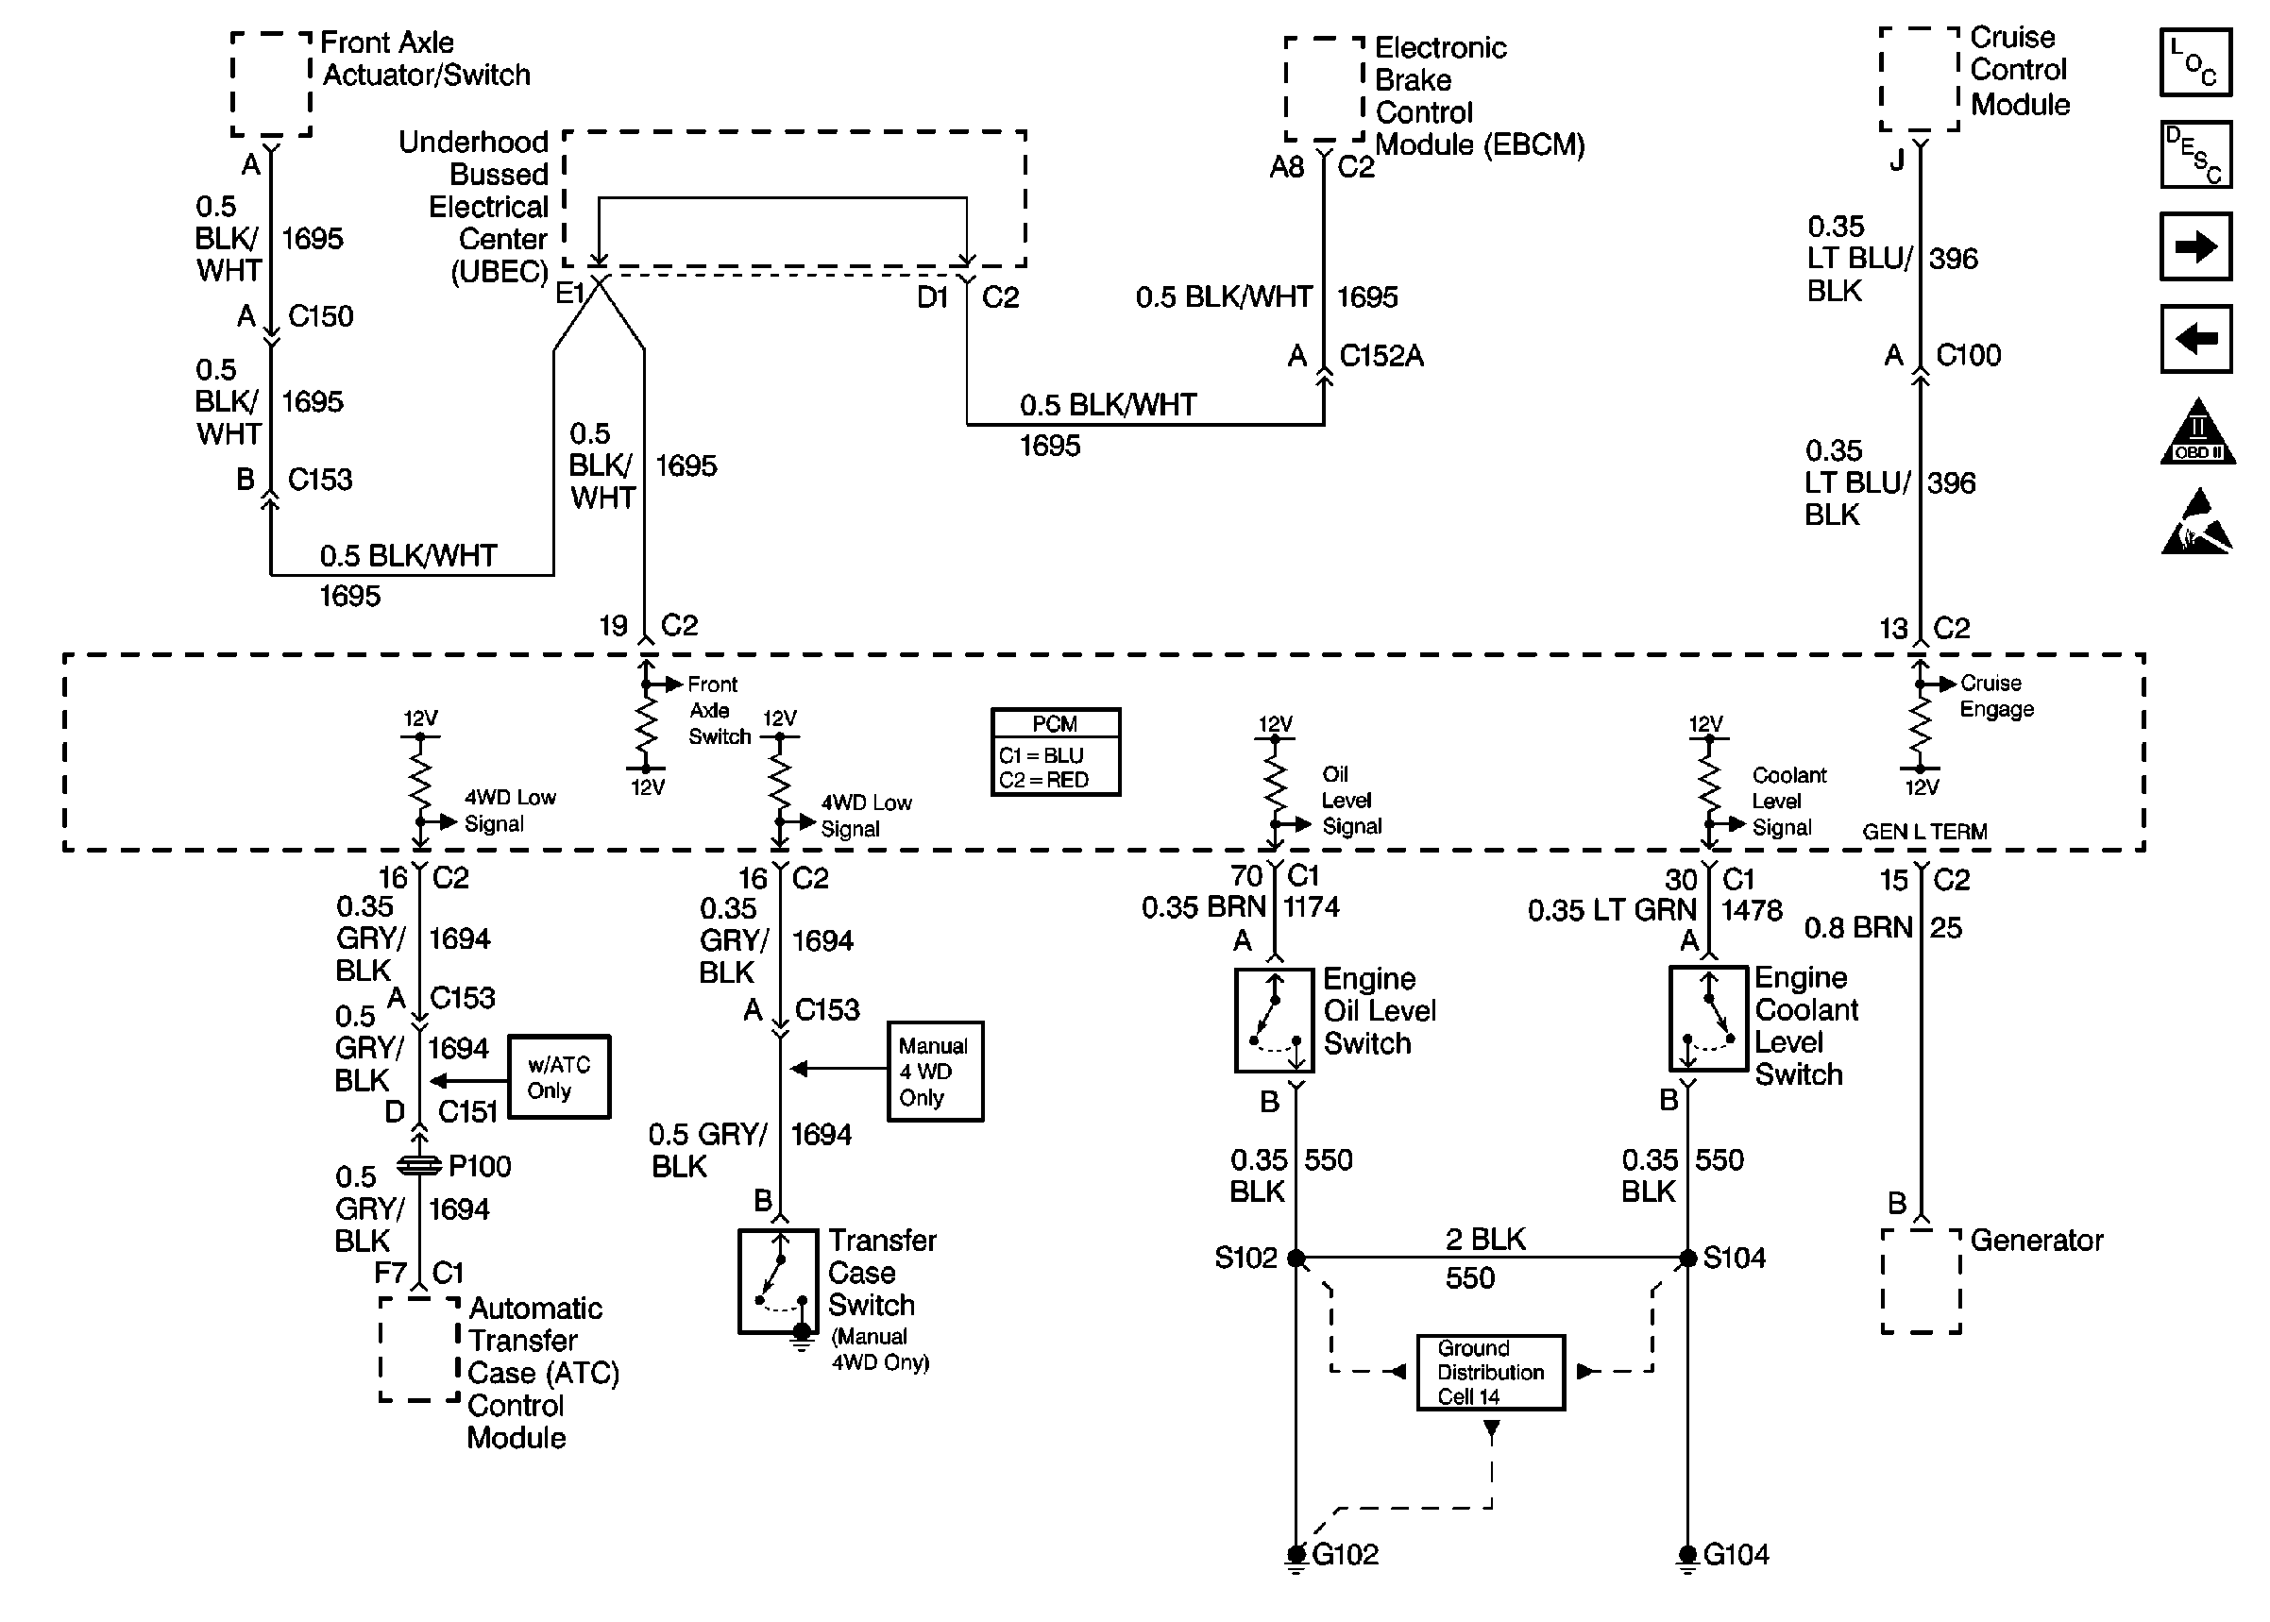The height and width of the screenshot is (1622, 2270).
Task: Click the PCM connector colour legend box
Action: [1056, 752]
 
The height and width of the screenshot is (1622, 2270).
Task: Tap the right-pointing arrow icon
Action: [2195, 245]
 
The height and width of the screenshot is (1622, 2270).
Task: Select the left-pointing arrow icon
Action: [2195, 339]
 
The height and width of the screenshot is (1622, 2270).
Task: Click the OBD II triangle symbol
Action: [2197, 431]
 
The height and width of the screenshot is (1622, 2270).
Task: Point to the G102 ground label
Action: [1346, 1555]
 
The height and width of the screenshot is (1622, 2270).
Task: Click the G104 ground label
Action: [1736, 1555]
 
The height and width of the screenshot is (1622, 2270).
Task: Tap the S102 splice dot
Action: [1296, 1259]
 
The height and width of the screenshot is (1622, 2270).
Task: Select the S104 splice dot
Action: [1687, 1259]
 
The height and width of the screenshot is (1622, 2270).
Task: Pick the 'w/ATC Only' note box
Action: [559, 1076]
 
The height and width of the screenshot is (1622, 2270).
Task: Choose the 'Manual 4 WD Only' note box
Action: [936, 1072]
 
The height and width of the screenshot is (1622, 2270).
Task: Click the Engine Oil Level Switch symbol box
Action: [1275, 1020]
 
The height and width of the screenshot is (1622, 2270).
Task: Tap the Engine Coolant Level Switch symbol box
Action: [1709, 1018]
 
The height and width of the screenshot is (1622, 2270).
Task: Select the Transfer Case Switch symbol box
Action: [779, 1281]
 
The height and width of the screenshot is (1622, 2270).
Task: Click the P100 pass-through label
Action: [480, 1167]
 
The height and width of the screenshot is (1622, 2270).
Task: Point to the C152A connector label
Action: [1381, 356]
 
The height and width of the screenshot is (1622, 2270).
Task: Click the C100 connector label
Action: [1969, 356]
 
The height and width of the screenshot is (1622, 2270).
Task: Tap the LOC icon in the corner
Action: [2195, 62]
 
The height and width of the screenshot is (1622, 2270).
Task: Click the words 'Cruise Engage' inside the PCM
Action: [1996, 696]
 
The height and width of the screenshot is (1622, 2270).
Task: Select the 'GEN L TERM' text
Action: [1924, 832]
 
